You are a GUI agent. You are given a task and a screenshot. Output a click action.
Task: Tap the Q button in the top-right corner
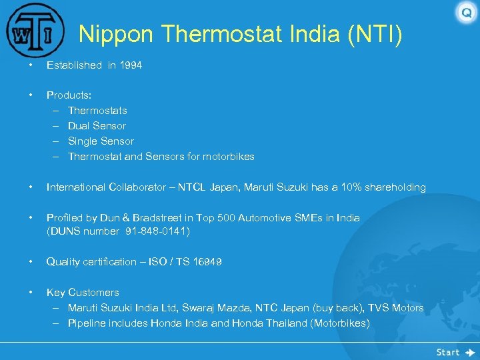point(466,13)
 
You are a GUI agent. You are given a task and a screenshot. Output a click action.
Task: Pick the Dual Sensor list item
point(97,126)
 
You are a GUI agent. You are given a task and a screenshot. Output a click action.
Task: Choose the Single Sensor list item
point(101,141)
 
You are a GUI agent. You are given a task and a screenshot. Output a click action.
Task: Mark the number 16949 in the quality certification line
point(207,262)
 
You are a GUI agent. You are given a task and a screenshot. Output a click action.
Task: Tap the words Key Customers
point(83,293)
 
